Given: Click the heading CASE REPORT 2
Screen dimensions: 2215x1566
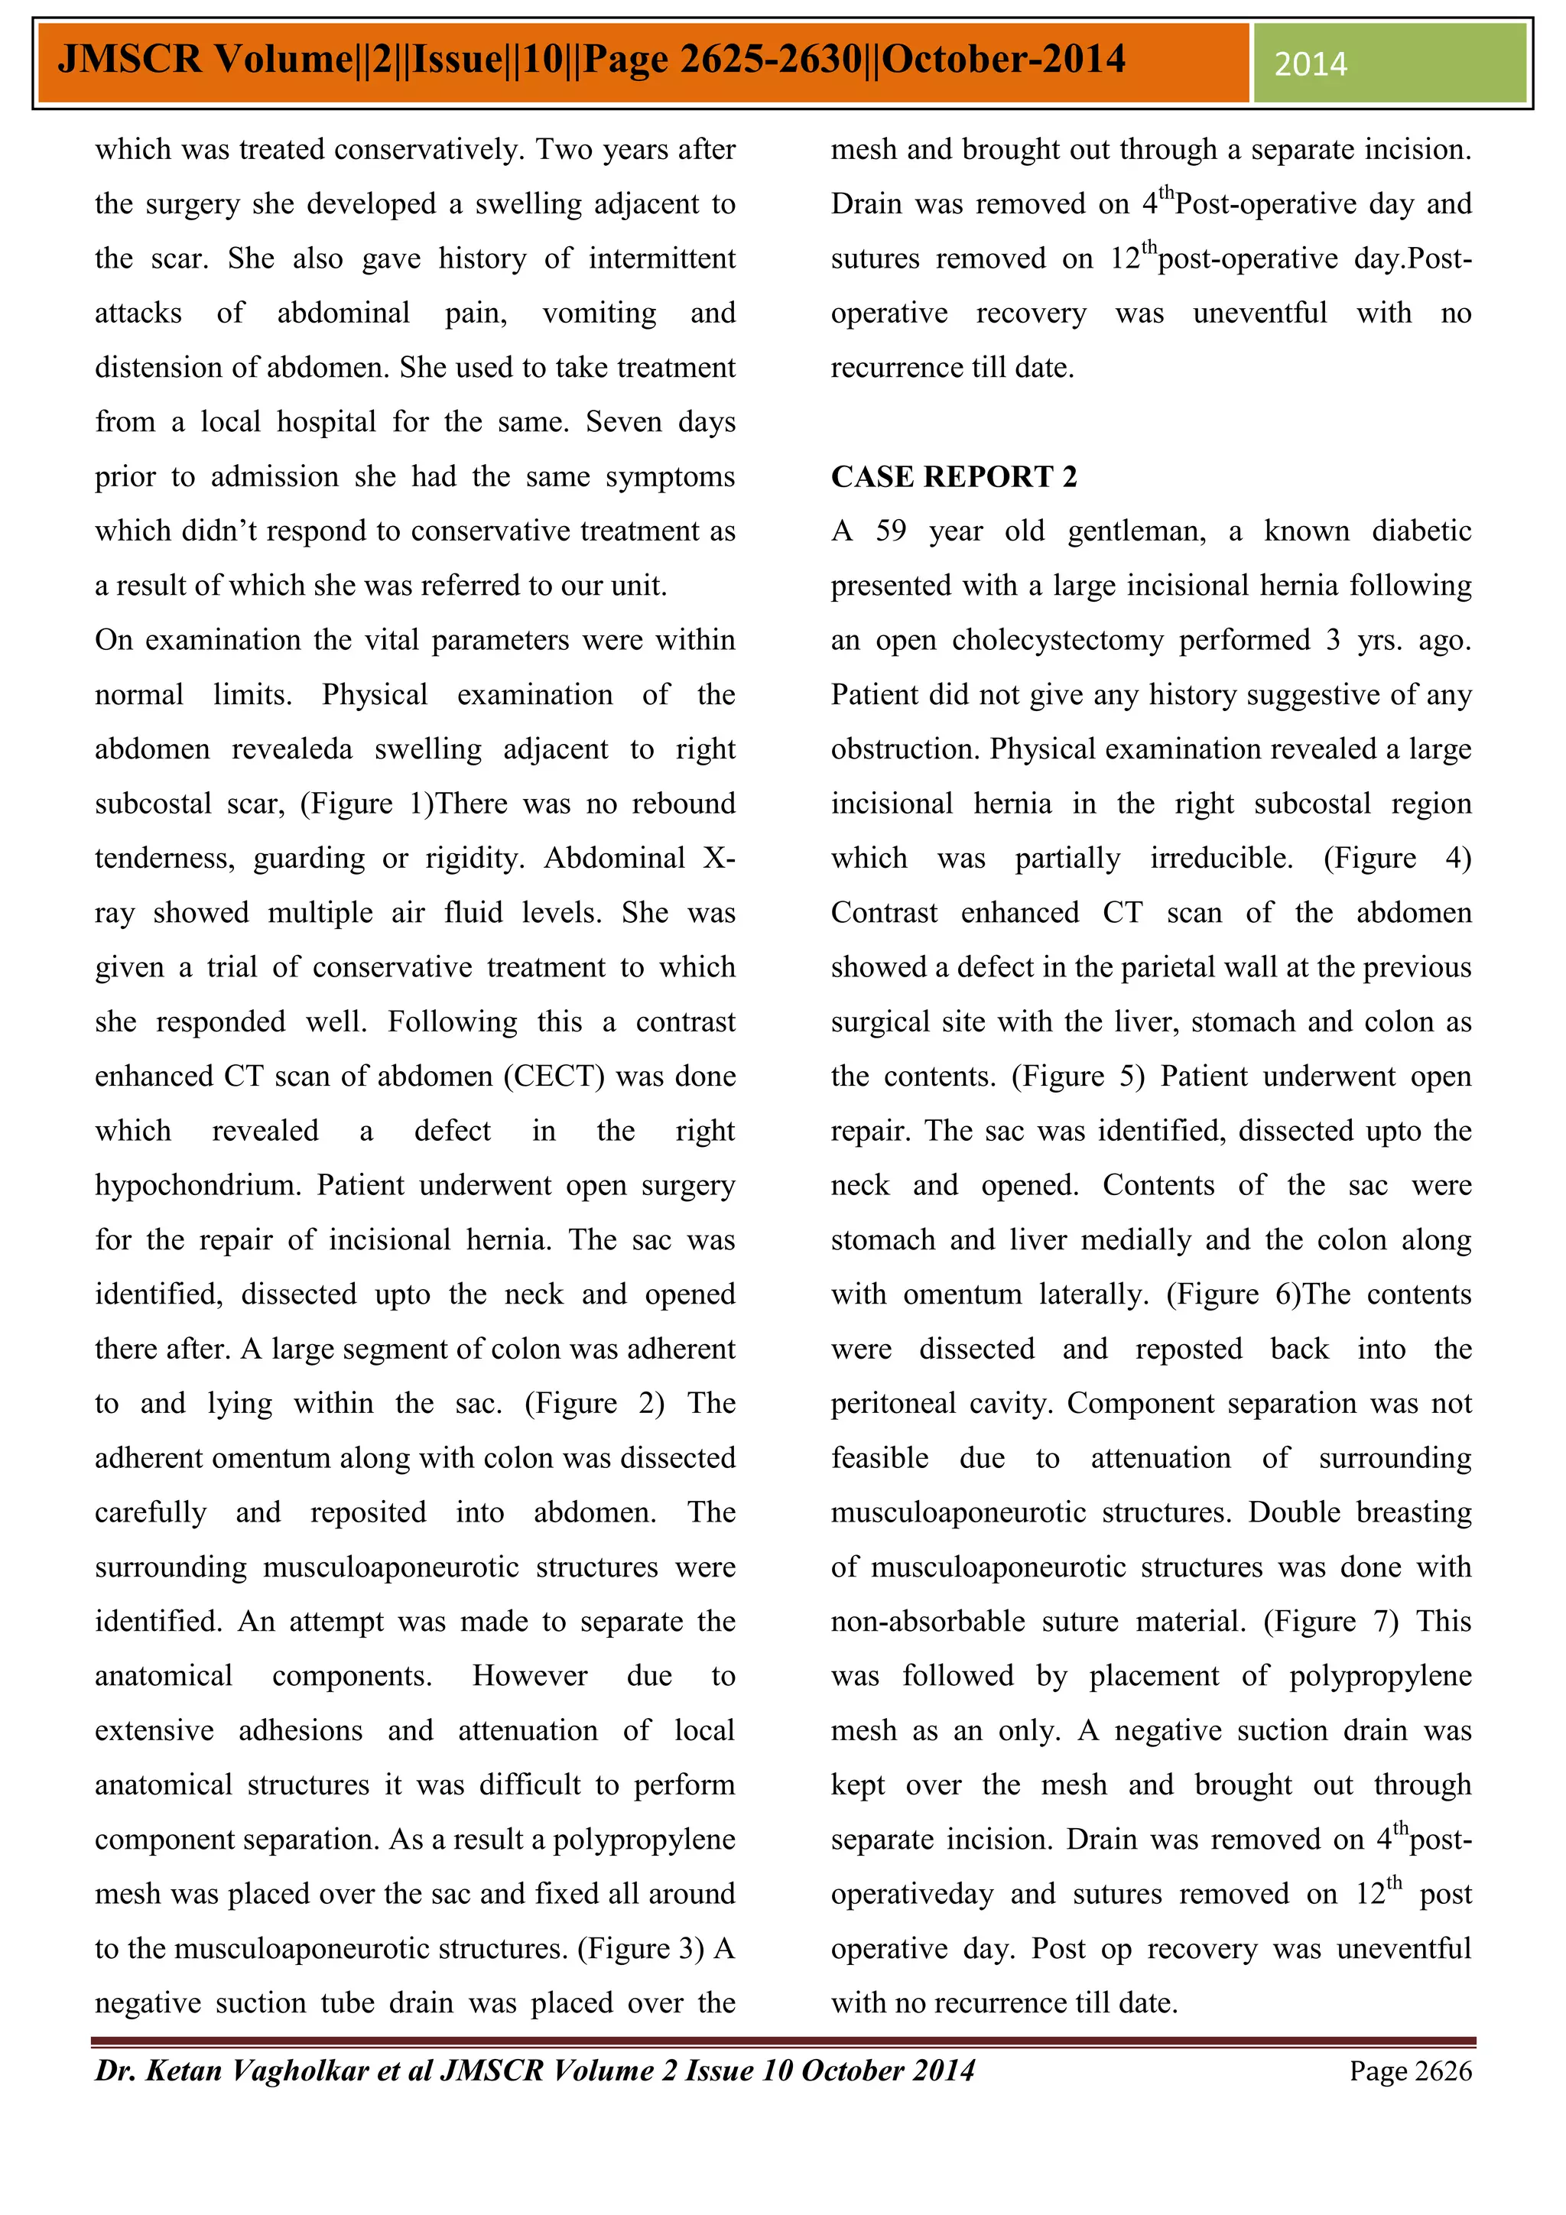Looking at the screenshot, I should [954, 476].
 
